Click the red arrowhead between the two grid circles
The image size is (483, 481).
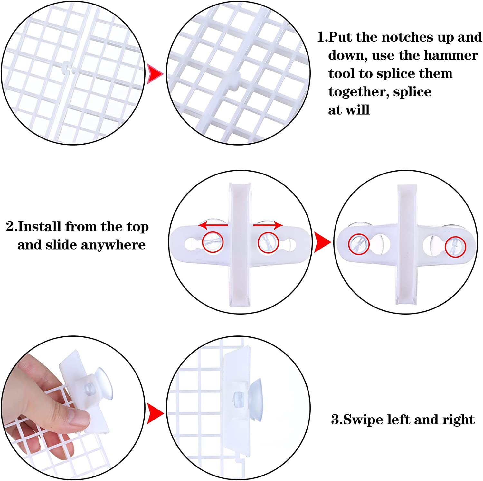pyautogui.click(x=155, y=74)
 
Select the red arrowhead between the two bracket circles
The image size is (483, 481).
pyautogui.click(x=322, y=242)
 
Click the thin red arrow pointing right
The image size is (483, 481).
pyautogui.click(x=268, y=225)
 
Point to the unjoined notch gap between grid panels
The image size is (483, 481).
pyautogui.click(x=70, y=67)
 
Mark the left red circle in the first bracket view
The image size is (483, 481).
pyautogui.click(x=213, y=241)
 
